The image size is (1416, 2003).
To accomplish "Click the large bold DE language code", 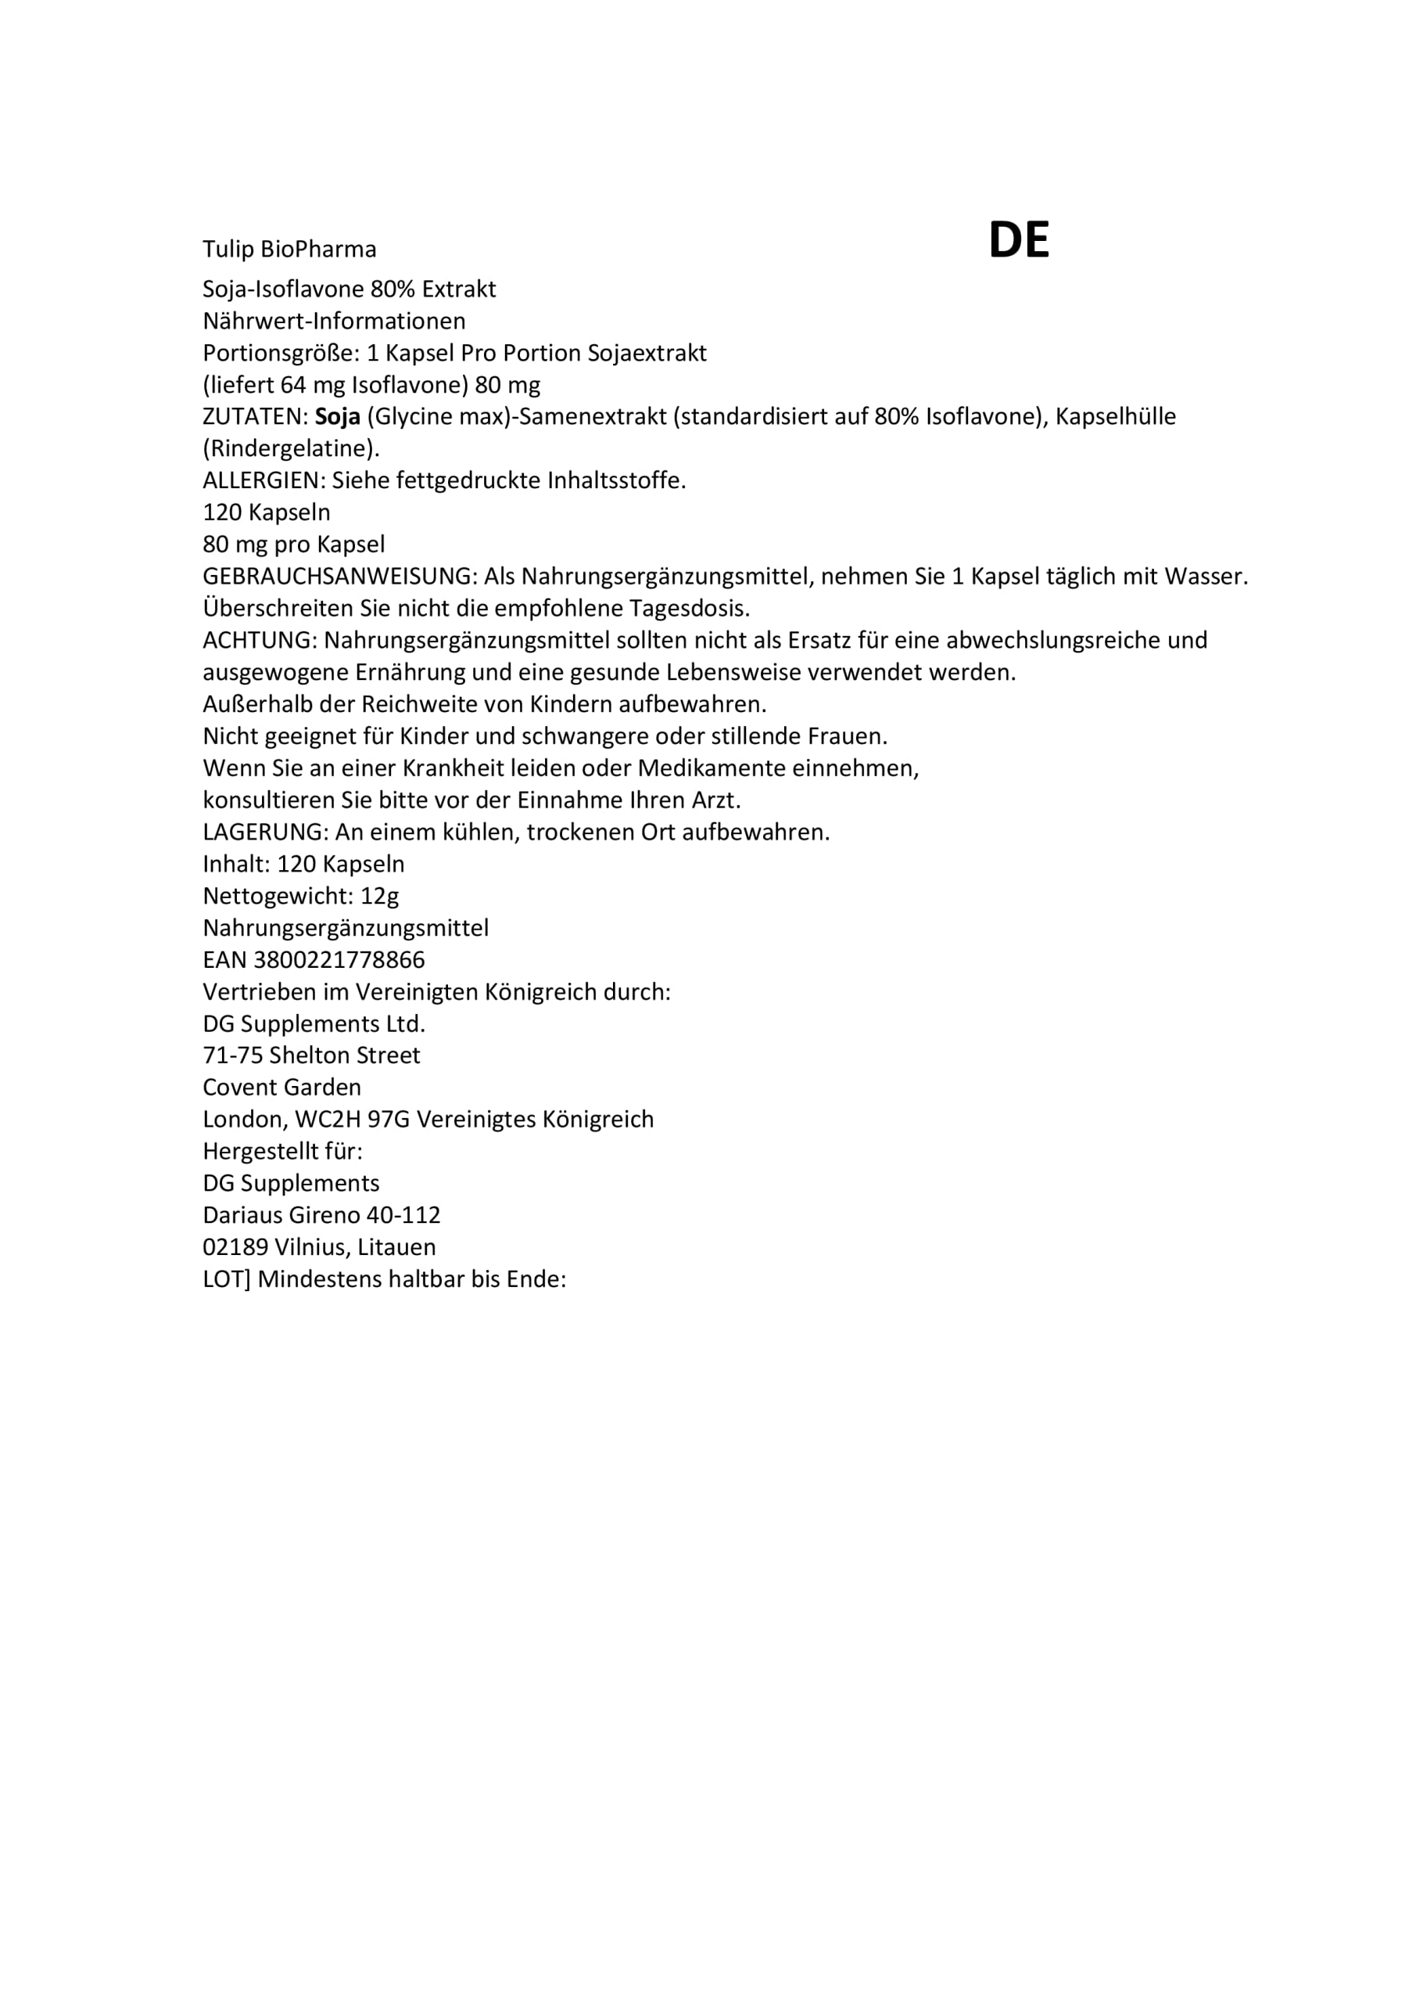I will [x=1017, y=240].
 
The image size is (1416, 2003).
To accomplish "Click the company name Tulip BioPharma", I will [x=289, y=250].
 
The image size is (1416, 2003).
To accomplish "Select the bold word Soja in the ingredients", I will [x=338, y=417].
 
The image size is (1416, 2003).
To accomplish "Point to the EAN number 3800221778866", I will [x=339, y=961].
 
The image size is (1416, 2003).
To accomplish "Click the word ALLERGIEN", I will [x=263, y=480].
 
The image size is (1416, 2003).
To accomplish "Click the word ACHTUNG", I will [x=259, y=640].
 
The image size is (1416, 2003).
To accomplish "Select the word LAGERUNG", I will [x=265, y=832].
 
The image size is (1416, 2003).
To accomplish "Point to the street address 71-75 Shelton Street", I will [x=311, y=1055].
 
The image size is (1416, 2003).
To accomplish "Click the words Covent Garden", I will [x=281, y=1088].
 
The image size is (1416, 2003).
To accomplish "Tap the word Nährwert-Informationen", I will [x=334, y=321].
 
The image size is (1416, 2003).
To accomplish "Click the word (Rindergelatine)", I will [x=291, y=449].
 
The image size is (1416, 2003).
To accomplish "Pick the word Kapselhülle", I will [x=1115, y=417].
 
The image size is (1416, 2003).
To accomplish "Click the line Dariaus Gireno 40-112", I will [x=321, y=1215].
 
